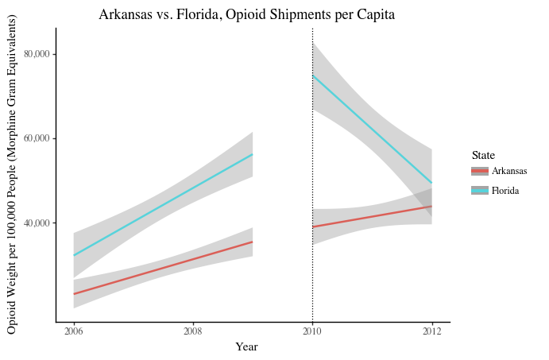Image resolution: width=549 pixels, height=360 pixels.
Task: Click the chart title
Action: (246, 14)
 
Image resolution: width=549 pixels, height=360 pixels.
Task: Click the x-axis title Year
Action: (246, 346)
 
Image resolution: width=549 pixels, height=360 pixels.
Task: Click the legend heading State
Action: (483, 155)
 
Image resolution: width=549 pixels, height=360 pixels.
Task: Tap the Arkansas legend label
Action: (509, 171)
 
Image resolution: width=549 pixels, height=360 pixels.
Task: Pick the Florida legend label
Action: (505, 191)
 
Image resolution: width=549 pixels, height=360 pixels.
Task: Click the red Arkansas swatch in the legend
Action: (479, 171)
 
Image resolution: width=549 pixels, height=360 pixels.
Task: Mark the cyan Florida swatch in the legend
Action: (479, 191)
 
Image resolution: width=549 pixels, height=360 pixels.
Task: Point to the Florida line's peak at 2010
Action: (313, 75)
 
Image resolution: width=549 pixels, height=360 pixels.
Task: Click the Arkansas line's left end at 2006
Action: (74, 294)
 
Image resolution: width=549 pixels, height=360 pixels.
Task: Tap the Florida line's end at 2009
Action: (252, 154)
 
